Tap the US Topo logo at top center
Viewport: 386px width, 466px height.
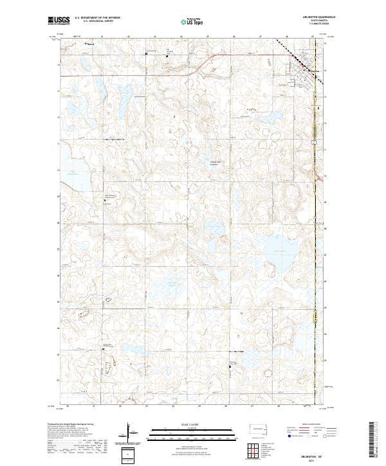click(193, 22)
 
